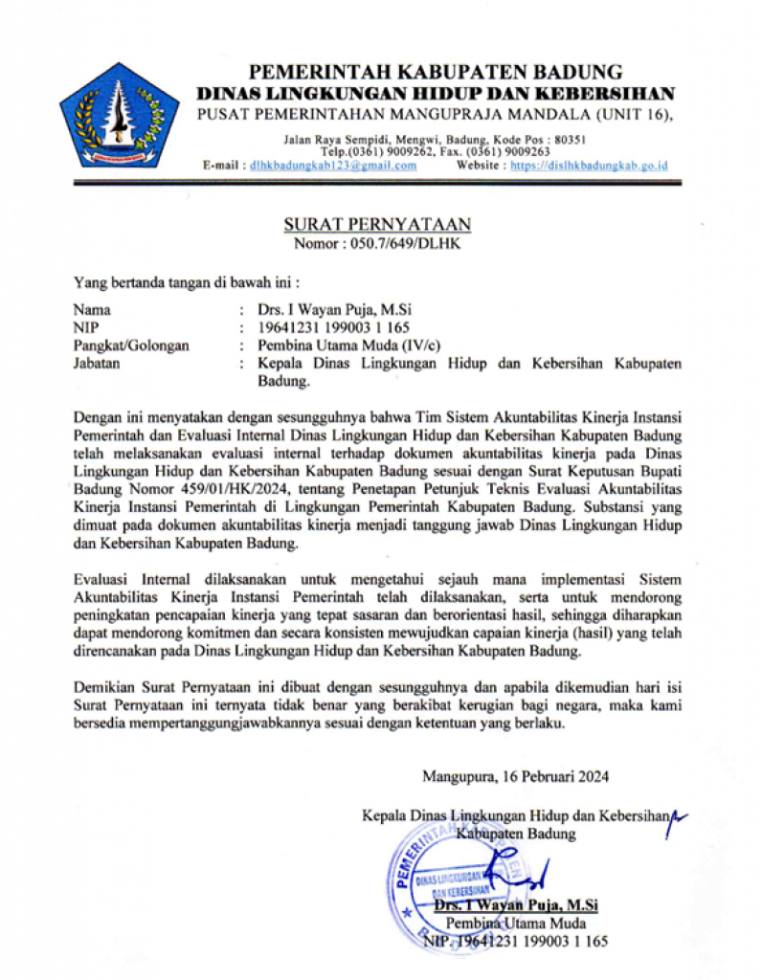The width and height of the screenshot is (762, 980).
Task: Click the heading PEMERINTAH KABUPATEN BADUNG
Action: tap(436, 72)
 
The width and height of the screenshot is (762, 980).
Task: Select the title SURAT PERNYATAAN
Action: tap(377, 225)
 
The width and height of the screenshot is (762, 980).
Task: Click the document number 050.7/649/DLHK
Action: tap(403, 244)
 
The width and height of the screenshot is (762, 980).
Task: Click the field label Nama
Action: tap(92, 310)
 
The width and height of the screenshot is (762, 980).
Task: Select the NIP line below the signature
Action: tap(516, 941)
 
